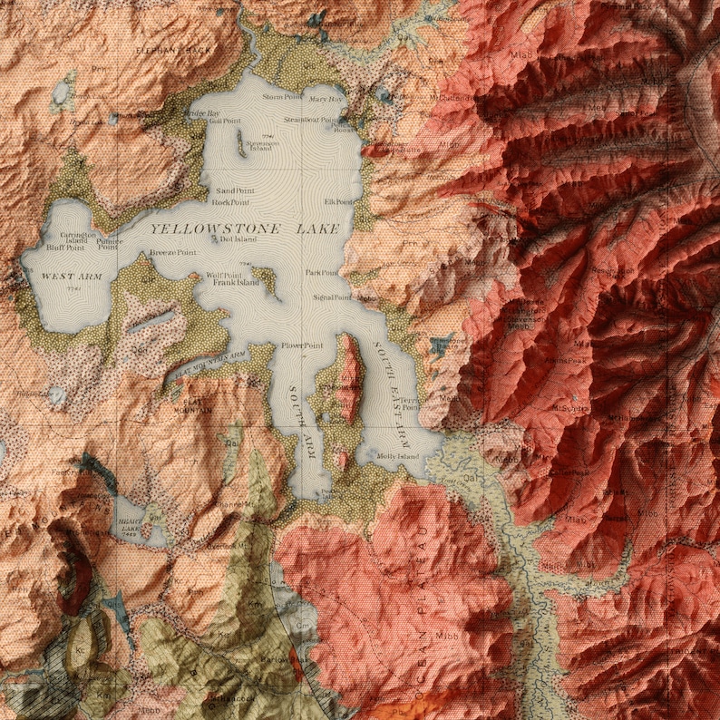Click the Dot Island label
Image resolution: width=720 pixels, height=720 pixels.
pyautogui.click(x=238, y=239)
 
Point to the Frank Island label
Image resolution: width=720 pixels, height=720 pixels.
pyautogui.click(x=236, y=283)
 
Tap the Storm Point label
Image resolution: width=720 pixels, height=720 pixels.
pyautogui.click(x=282, y=96)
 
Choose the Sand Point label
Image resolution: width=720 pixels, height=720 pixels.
pyautogui.click(x=234, y=191)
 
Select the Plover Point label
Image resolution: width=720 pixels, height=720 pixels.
pyautogui.click(x=302, y=345)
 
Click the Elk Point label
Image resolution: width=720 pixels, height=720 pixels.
pyautogui.click(x=338, y=201)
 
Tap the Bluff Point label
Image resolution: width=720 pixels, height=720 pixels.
pyautogui.click(x=65, y=247)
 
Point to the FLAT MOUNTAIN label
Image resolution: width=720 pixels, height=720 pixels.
pyautogui.click(x=197, y=404)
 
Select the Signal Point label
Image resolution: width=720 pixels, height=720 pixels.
pyautogui.click(x=332, y=297)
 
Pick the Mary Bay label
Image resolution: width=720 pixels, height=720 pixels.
pyautogui.click(x=326, y=99)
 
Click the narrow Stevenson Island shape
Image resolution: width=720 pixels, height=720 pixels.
pyautogui.click(x=240, y=143)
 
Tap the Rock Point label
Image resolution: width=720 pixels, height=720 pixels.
pyautogui.click(x=230, y=203)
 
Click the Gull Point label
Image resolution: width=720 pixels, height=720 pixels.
pyautogui.click(x=225, y=121)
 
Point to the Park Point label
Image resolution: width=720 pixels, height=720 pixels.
pyautogui.click(x=322, y=272)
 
